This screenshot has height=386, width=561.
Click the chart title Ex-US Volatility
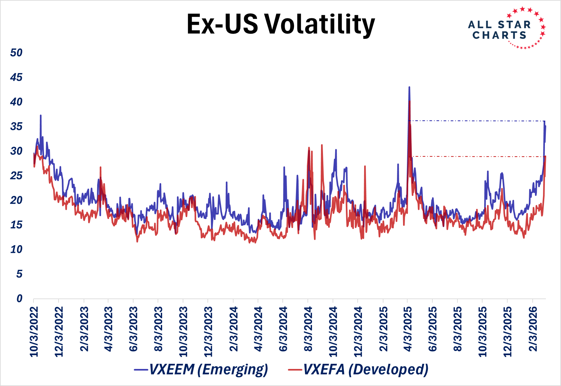click(x=280, y=24)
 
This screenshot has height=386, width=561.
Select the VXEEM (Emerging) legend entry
click(x=201, y=369)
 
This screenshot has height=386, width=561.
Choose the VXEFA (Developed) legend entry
click(x=358, y=369)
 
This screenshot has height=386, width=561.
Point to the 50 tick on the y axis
click(x=16, y=53)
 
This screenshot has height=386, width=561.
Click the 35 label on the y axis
click(x=16, y=126)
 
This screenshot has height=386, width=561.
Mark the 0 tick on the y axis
click(x=19, y=299)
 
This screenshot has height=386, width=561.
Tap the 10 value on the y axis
click(x=16, y=249)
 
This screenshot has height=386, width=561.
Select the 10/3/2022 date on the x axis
click(x=34, y=332)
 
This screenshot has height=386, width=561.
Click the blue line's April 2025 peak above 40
click(x=409, y=87)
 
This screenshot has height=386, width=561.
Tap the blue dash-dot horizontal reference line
click(x=476, y=121)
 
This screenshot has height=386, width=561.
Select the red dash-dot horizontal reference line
click(x=476, y=157)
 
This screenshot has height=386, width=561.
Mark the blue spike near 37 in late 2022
click(x=41, y=115)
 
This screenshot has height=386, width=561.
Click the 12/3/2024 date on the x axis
click(x=358, y=332)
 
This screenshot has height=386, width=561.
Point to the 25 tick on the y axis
click(x=16, y=176)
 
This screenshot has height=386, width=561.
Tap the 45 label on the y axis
click(x=16, y=77)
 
